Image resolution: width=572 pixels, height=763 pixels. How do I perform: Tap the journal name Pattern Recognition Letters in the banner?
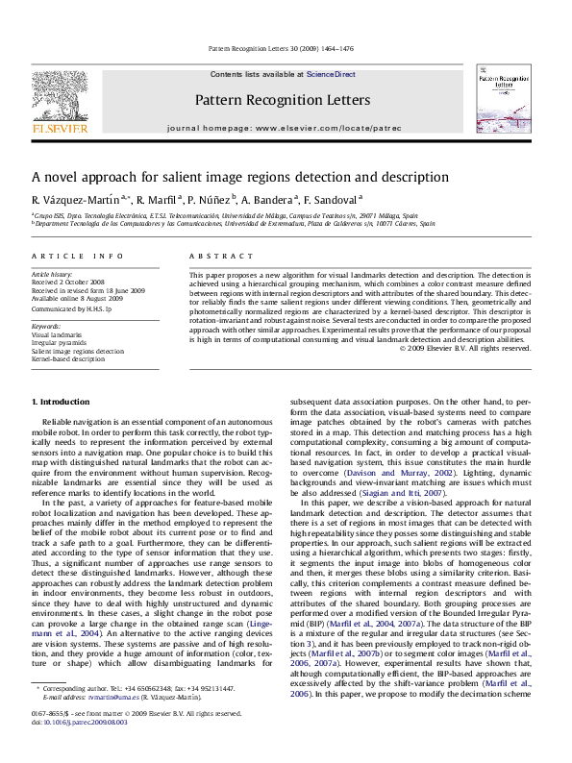coord(282,100)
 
